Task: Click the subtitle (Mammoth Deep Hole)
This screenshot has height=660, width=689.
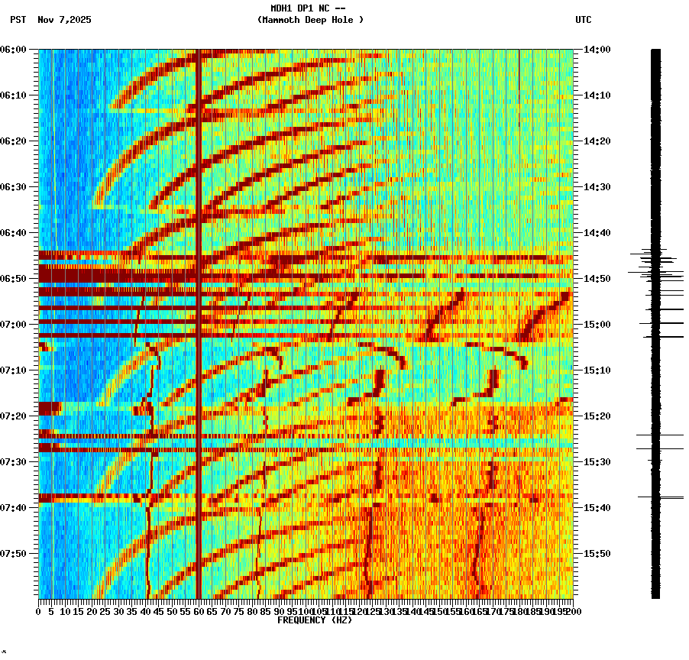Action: click(x=310, y=20)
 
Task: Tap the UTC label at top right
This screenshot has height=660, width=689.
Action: click(x=583, y=20)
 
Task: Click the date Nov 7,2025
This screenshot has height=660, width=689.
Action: click(x=64, y=20)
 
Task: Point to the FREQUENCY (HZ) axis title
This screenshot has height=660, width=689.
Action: click(x=315, y=620)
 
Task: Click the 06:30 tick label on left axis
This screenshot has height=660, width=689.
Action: click(x=15, y=187)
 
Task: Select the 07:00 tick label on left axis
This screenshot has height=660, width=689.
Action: click(x=15, y=325)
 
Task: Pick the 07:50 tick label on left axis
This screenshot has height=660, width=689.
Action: click(x=15, y=554)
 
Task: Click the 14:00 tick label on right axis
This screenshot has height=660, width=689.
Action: click(x=597, y=50)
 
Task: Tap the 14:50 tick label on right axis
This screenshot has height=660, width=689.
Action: click(x=597, y=279)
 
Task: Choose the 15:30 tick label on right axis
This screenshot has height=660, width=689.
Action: click(x=597, y=462)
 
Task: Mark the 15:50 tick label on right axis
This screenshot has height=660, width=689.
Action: click(x=597, y=554)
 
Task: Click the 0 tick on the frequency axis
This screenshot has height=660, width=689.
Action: click(x=39, y=611)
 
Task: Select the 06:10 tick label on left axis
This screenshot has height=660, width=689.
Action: click(x=15, y=95)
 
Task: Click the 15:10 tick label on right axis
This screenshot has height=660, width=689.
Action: click(x=597, y=370)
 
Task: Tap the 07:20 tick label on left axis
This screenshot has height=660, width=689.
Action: click(x=15, y=416)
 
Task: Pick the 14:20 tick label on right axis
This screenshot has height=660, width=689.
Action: click(x=597, y=141)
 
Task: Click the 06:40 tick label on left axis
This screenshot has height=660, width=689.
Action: click(x=15, y=233)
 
